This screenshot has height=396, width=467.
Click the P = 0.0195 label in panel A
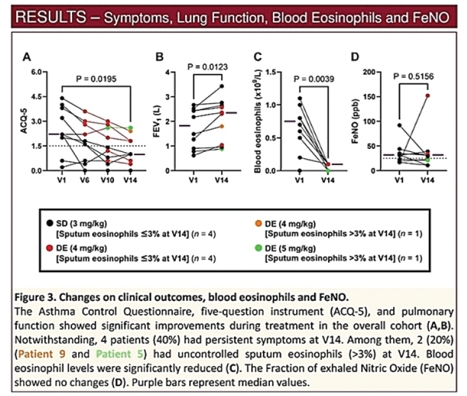pos(97,79)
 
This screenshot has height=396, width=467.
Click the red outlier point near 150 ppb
pos(427,96)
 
